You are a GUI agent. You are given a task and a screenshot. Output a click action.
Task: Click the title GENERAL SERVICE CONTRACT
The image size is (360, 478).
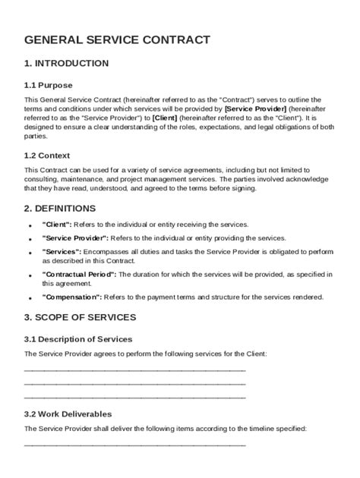[117, 39]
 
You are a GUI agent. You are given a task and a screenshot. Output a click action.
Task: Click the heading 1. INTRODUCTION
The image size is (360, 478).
[66, 63]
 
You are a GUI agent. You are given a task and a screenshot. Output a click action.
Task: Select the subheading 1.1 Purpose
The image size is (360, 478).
[49, 85]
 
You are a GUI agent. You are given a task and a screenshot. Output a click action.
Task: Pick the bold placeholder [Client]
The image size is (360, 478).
[165, 118]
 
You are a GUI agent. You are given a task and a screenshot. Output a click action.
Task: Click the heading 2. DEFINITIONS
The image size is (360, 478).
[60, 207]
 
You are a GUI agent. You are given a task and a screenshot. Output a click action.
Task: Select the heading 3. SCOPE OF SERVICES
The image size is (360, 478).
[81, 317]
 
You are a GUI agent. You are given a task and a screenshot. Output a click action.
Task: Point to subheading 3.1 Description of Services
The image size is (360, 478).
[78, 338]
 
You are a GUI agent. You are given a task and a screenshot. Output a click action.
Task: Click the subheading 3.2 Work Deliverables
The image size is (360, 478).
[68, 414]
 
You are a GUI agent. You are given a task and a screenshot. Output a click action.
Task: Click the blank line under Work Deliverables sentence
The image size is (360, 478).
[135, 445]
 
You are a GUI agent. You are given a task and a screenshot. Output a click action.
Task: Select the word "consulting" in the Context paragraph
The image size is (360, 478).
[42, 179]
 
